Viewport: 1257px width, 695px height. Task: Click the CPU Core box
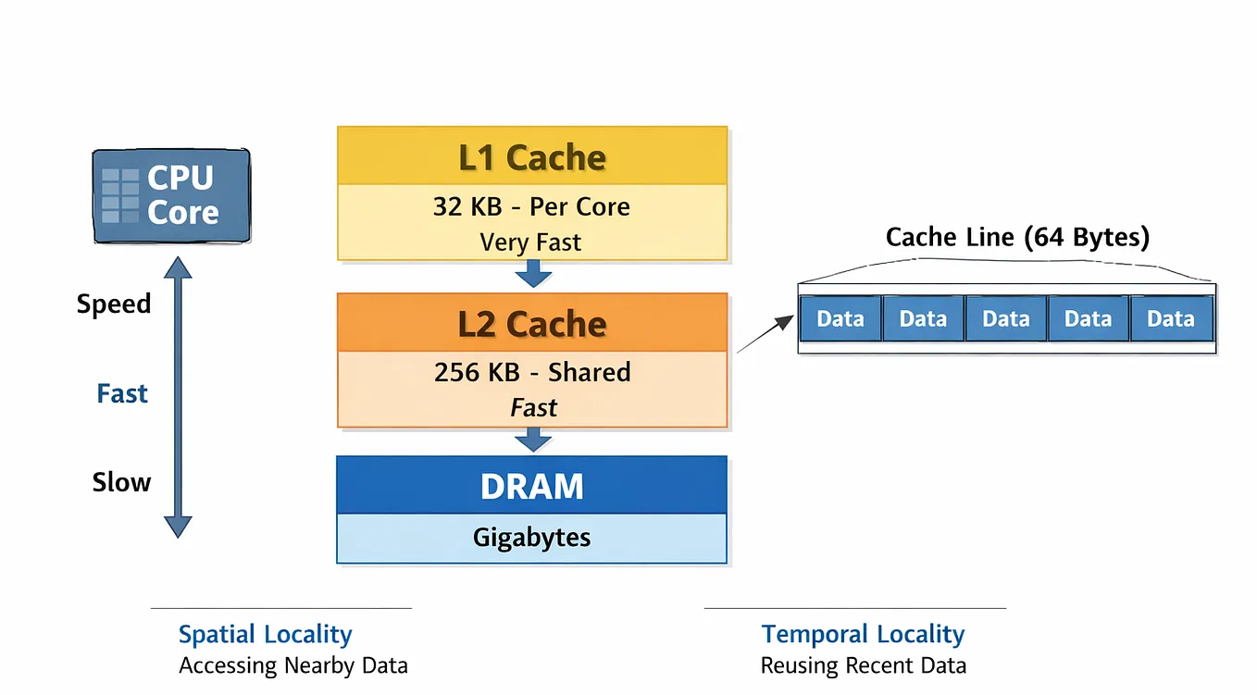coord(172,196)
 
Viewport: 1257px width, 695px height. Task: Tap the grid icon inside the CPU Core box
coord(121,196)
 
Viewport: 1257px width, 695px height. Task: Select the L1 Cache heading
coord(532,157)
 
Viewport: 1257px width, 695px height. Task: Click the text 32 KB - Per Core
coord(531,206)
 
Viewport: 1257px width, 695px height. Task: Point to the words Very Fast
coord(530,242)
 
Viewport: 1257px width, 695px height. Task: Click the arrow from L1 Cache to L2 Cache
coord(533,274)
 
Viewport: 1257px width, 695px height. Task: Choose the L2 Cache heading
coord(532,324)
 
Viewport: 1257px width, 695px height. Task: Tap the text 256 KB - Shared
coord(532,372)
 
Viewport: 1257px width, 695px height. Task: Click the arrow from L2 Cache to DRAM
coord(533,440)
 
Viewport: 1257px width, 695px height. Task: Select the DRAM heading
coord(532,486)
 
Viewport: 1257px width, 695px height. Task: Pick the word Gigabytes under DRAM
coord(531,537)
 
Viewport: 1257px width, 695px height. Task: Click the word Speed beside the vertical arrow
coord(114,304)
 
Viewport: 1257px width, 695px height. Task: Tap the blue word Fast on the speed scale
coord(122,393)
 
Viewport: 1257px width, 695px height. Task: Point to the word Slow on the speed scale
coord(121,482)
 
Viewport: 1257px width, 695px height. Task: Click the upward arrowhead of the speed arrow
coord(178,267)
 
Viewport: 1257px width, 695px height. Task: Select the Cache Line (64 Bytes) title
coord(1017,237)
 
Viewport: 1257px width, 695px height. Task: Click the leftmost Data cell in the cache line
coord(840,319)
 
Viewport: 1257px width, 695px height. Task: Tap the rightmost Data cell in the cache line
coord(1171,319)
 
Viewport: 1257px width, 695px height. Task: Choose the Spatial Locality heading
coord(266,635)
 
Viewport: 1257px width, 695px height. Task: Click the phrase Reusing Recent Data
coord(864,665)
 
